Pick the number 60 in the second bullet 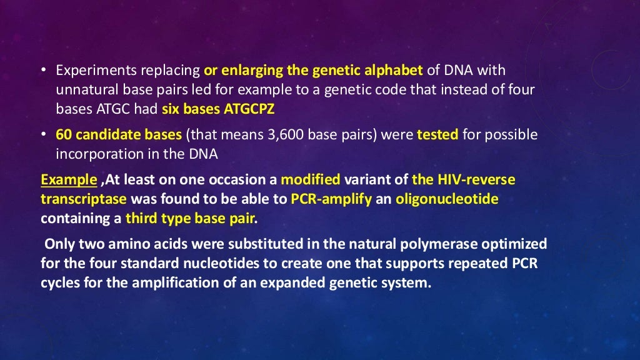coord(63,135)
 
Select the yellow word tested coord(437,135)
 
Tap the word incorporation coord(91,154)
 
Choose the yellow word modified coord(311,181)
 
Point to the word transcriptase coord(83,199)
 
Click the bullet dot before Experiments coord(45,70)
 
